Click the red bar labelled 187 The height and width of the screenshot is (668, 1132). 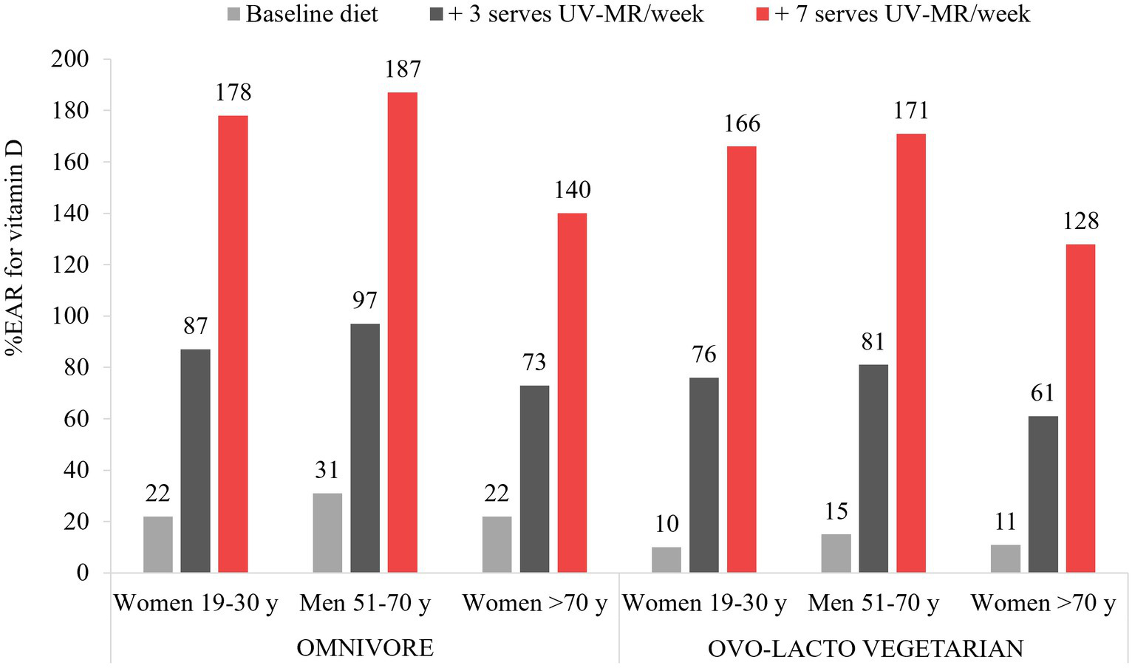pyautogui.click(x=402, y=333)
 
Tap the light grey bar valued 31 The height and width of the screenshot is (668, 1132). pyautogui.click(x=327, y=533)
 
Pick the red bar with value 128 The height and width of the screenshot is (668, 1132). pyautogui.click(x=1080, y=408)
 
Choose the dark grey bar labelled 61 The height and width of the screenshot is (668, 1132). pyautogui.click(x=1043, y=494)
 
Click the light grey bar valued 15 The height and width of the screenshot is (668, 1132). pyautogui.click(x=836, y=553)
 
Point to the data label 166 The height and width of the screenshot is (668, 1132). pyautogui.click(x=741, y=123)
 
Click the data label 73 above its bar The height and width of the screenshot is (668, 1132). pyautogui.click(x=534, y=362)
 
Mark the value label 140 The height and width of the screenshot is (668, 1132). pyautogui.click(x=572, y=190)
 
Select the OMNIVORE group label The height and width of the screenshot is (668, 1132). pyautogui.click(x=365, y=648)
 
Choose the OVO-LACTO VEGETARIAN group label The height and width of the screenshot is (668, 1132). pyautogui.click(x=866, y=648)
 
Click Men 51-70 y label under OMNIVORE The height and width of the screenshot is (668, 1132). pyautogui.click(x=365, y=604)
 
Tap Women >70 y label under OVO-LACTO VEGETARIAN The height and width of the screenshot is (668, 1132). pyautogui.click(x=1043, y=604)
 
